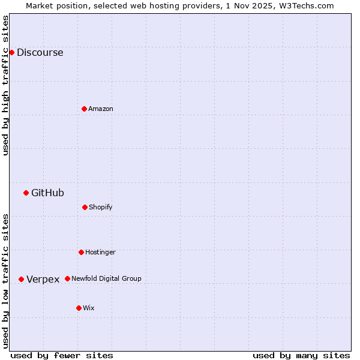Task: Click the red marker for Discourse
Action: click(x=11, y=52)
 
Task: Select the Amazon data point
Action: click(x=84, y=109)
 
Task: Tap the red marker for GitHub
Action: click(x=26, y=193)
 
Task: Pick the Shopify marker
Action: click(x=85, y=207)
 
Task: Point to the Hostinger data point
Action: click(x=81, y=252)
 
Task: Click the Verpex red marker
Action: click(x=21, y=279)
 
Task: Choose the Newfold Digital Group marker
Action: click(x=67, y=278)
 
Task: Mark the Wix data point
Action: click(x=79, y=308)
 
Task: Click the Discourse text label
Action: click(x=40, y=52)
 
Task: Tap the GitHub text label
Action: click(x=47, y=193)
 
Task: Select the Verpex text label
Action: click(x=43, y=279)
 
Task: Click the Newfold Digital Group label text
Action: click(x=106, y=278)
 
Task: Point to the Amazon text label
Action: click(x=101, y=109)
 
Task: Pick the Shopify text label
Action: click(x=101, y=207)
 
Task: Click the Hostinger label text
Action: click(x=100, y=252)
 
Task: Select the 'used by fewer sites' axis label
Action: click(x=62, y=355)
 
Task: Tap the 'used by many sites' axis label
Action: click(x=301, y=355)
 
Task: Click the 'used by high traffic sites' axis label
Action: click(x=6, y=85)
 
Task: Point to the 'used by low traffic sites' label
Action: click(x=6, y=280)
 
